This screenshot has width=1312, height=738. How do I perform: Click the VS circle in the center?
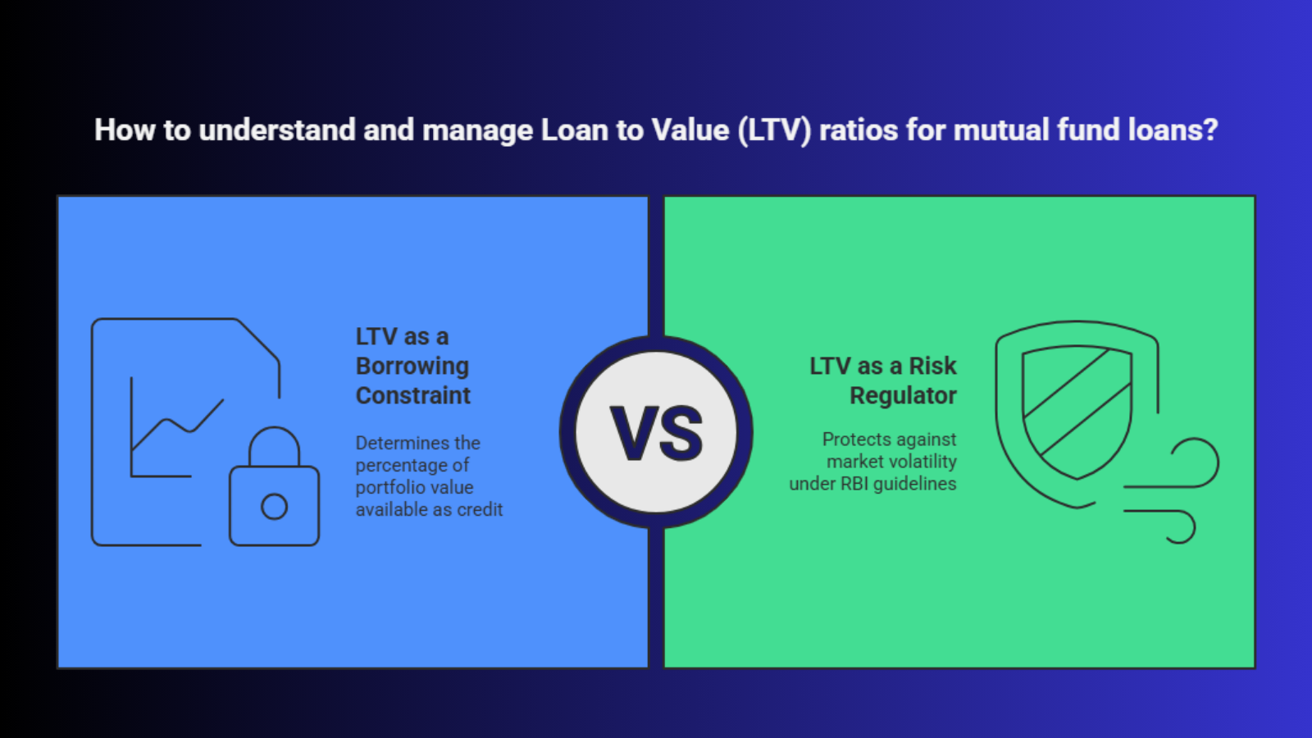[x=656, y=432]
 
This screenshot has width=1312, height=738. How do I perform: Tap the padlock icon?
[x=274, y=487]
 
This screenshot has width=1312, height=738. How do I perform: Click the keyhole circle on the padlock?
[x=274, y=507]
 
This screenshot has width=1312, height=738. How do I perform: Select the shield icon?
[x=1077, y=413]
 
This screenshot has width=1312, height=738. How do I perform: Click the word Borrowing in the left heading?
[x=412, y=366]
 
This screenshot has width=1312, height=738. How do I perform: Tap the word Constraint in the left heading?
[x=413, y=395]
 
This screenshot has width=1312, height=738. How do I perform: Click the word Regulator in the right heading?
[x=903, y=396]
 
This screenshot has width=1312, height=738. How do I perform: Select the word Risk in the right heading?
[x=932, y=366]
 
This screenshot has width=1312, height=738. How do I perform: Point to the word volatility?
[x=923, y=462]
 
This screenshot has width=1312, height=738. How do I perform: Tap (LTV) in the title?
[x=774, y=130]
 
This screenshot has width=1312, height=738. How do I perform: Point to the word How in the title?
[x=125, y=130]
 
